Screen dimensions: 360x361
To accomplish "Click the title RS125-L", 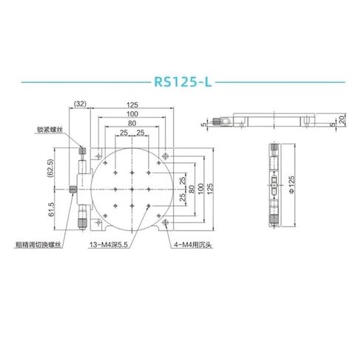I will coord(180,81).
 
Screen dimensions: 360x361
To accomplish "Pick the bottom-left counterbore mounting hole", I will coord(90,226).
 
